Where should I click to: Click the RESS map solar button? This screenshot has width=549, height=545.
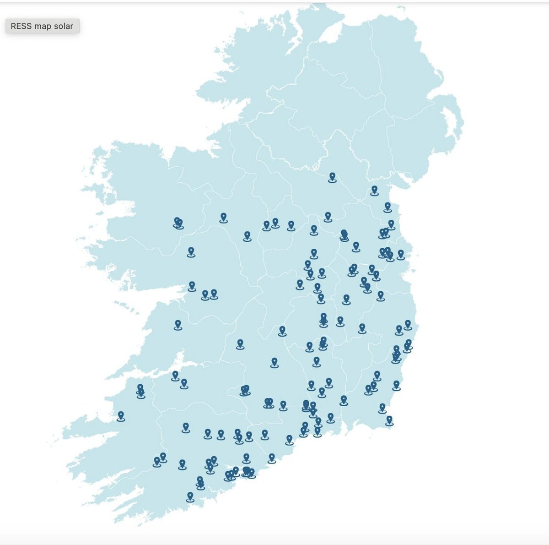(42, 26)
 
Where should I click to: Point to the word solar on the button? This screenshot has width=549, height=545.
(63, 26)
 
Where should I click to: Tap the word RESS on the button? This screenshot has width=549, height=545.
(21, 26)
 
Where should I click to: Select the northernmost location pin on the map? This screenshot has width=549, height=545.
(332, 177)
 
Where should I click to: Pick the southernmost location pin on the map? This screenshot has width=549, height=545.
(190, 496)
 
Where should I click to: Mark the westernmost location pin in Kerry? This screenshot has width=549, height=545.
(121, 415)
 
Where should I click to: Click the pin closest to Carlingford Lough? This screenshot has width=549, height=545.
(375, 190)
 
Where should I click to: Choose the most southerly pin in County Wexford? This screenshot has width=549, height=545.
(389, 420)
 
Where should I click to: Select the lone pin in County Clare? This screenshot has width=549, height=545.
(178, 324)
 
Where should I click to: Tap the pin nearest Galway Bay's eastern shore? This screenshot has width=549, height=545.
(192, 286)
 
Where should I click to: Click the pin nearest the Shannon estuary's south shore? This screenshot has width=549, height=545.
(175, 376)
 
